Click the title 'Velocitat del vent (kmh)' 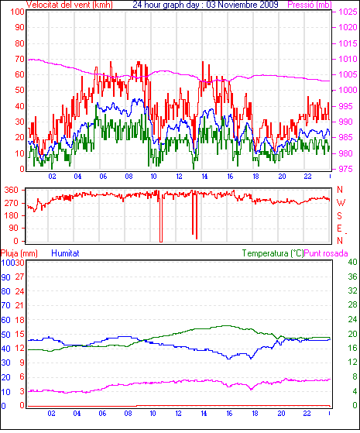[70, 5]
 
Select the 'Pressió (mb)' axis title [310, 5]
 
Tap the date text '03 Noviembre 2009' [242, 5]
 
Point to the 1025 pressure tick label [348, 12]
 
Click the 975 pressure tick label [345, 169]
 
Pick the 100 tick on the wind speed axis [17, 12]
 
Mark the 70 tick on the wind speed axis [19, 59]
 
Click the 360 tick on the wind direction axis [12, 190]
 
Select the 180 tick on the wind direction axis [12, 215]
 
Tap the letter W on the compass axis [341, 203]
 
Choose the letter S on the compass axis [340, 215]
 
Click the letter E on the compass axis [340, 229]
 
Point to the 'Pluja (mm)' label [19, 253]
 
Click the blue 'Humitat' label [66, 253]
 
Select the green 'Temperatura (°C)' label [273, 253]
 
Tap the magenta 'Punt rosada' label [326, 253]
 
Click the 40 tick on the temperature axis [352, 262]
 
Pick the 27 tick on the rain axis [19, 277]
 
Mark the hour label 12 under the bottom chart [178, 414]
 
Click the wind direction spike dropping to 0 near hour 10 [161, 218]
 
